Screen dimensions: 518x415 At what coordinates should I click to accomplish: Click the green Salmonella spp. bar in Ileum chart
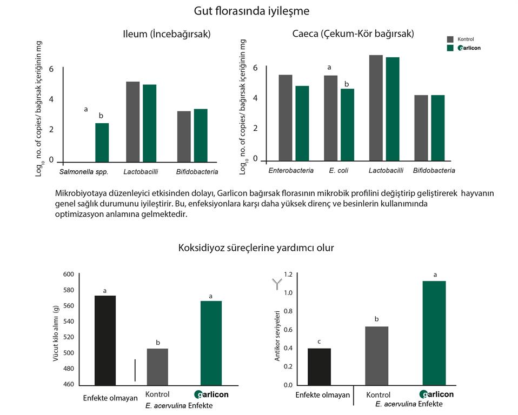point(102,143)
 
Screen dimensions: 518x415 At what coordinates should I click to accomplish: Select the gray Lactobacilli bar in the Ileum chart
point(133,122)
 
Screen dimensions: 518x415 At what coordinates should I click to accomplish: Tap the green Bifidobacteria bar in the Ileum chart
point(201,136)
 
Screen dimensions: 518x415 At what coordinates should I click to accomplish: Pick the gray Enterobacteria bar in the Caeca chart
point(285,118)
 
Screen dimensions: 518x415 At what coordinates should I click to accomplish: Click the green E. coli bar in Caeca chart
point(347,125)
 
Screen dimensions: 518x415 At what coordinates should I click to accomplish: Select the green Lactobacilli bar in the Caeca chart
point(393,109)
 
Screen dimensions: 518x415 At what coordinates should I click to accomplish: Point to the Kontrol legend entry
point(460,39)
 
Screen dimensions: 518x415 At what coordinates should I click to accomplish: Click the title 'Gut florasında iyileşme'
point(251,11)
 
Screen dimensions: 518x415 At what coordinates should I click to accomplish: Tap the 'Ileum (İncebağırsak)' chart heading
point(167,34)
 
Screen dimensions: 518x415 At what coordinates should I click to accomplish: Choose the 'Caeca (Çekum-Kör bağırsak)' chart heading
point(353,34)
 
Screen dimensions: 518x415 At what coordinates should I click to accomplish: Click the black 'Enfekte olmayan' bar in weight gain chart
point(105,340)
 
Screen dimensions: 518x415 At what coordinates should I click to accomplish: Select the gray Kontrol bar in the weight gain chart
point(157,367)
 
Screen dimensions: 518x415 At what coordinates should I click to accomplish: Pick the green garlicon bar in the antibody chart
point(434,333)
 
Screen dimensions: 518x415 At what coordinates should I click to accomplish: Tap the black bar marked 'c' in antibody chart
point(319,367)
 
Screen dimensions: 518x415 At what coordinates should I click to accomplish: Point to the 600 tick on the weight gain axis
point(68,274)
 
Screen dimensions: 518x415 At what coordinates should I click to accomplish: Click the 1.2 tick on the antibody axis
point(288,275)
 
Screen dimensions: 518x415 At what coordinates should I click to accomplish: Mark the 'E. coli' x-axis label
point(338,170)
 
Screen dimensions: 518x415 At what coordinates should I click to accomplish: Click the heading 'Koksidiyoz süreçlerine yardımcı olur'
point(256,247)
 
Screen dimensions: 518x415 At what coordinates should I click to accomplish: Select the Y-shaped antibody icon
point(277,284)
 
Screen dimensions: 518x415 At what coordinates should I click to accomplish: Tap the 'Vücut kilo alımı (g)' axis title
point(56,333)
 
